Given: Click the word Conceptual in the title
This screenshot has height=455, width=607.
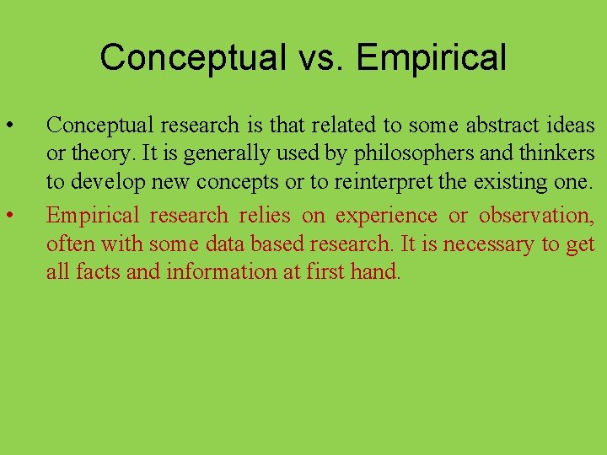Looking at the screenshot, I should coord(192,57).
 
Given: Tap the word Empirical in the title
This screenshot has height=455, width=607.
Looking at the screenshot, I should coord(431,57).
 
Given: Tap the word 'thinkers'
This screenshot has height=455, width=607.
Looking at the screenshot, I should coord(556,154).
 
